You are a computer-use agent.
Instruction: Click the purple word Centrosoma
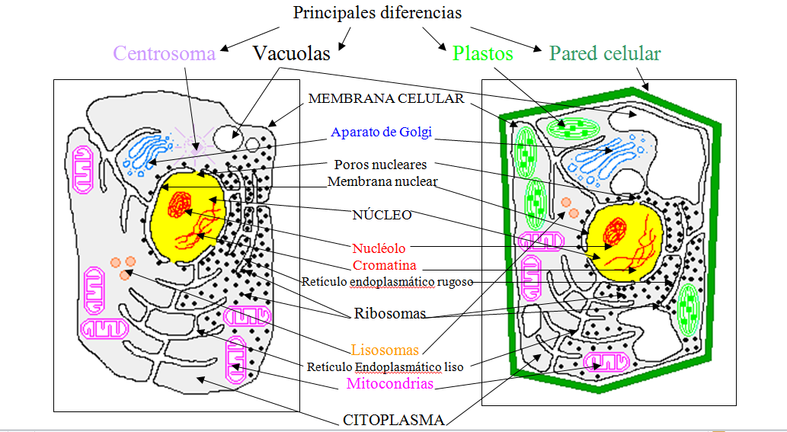[164, 53]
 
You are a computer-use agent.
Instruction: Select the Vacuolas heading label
[292, 53]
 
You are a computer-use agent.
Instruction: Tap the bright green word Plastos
[482, 53]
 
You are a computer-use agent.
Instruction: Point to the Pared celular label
[605, 53]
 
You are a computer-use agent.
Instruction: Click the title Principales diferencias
[378, 13]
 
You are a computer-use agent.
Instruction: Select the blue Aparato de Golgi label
[381, 132]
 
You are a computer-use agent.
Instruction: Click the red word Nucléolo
[379, 248]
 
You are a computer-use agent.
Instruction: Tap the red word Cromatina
[385, 265]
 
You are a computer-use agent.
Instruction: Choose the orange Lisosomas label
[385, 350]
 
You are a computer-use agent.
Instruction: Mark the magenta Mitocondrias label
[389, 383]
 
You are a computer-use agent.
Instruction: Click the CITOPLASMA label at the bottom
[394, 419]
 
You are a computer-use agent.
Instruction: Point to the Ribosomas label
[390, 314]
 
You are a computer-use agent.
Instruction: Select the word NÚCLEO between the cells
[382, 215]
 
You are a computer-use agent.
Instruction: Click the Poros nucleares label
[380, 165]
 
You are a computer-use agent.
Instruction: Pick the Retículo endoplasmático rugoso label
[387, 281]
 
